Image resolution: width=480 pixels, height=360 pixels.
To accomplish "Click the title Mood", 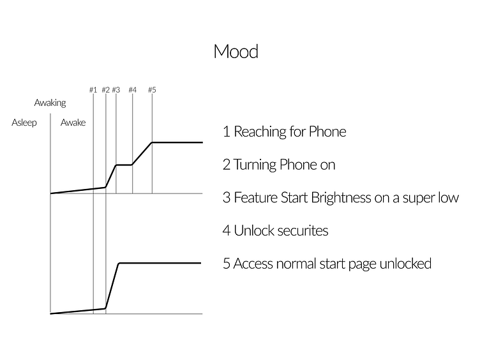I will point(236,51).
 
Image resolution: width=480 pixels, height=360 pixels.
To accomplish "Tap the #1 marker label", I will point(93,90).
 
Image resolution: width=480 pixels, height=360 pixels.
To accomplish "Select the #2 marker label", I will point(105,90).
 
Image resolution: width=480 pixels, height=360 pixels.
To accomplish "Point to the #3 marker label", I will point(116,90).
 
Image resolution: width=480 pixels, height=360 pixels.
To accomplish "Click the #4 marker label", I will point(132,90).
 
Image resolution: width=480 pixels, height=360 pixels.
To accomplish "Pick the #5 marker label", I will point(152,90).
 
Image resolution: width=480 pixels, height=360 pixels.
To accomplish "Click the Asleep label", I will point(24,123).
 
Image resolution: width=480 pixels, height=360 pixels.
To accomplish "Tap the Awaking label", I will point(50,103).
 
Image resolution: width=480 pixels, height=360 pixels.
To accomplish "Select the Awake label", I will point(73,123).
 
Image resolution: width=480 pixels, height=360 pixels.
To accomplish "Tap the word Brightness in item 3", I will point(341,198).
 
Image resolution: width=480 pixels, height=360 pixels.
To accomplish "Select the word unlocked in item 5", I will point(404,264).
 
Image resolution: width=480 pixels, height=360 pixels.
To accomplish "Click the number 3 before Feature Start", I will point(227,198).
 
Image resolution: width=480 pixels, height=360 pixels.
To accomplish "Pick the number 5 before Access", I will point(227,264).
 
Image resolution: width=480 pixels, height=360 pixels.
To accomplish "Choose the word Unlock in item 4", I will point(253,231).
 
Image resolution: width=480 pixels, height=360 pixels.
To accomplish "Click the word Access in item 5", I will point(255,264).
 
